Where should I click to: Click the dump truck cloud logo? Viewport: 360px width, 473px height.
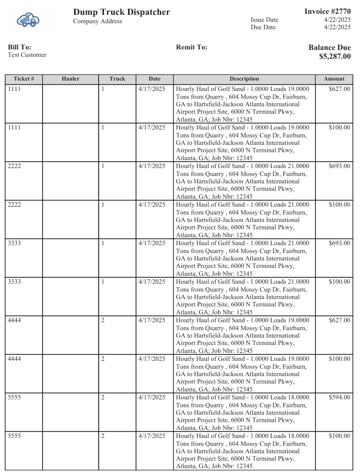coord(28,20)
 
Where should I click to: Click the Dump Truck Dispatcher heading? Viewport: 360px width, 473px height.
coord(121,12)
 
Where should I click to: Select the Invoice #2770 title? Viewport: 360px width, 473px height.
coord(327,11)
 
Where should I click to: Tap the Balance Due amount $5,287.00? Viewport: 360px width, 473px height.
coord(335,56)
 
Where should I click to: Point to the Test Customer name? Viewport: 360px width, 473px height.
coord(27,55)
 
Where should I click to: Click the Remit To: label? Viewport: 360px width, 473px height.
coord(192,47)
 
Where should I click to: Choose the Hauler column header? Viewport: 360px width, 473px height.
coord(70,79)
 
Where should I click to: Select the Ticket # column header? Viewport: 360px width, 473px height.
coord(24,79)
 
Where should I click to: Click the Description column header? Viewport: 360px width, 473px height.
coord(244,79)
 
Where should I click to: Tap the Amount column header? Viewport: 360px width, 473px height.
coord(334,79)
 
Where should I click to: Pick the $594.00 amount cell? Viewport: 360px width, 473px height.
coord(339,397)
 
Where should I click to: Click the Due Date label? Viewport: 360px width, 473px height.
coord(263,27)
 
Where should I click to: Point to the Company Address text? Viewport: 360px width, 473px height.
coord(97,21)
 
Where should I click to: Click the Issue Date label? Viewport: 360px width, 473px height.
coord(265,20)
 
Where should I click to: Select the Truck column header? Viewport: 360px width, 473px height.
coord(117,79)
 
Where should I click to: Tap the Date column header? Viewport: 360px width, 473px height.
coord(154,79)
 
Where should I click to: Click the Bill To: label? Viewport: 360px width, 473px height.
coord(19,47)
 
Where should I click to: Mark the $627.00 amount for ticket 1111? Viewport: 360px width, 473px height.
coord(339,89)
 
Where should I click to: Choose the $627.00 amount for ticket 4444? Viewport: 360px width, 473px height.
coord(339,320)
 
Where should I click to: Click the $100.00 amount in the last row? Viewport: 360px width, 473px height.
coord(339,436)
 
